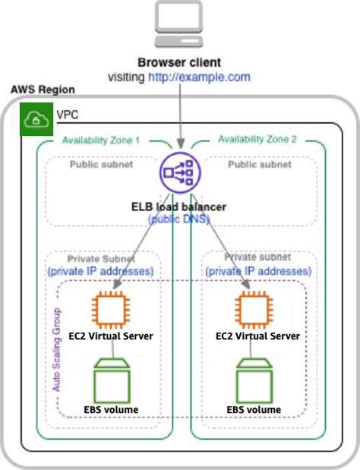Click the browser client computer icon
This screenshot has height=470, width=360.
click(179, 26)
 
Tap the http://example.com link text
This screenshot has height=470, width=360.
click(199, 77)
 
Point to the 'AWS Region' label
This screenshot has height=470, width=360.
click(43, 90)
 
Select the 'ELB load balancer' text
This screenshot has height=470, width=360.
click(179, 207)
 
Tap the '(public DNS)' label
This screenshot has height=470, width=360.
click(179, 219)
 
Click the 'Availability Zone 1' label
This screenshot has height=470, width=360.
click(101, 140)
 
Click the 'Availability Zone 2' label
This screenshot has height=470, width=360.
click(257, 140)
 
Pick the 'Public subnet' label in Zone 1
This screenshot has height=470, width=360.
click(101, 163)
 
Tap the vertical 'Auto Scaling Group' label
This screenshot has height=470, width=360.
click(56, 349)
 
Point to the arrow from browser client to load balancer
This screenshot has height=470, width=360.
click(180, 114)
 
